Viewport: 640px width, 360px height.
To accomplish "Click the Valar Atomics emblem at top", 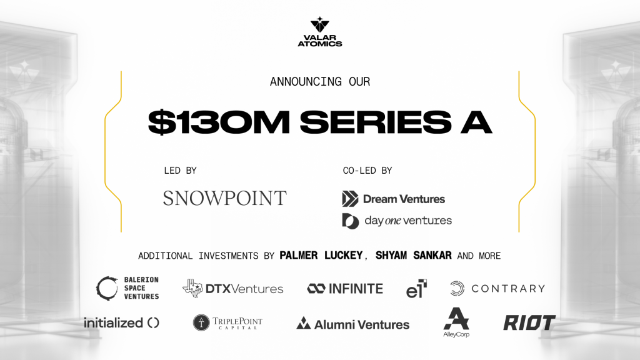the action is click(319, 24).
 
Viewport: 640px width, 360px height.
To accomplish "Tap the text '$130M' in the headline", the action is click(219, 122).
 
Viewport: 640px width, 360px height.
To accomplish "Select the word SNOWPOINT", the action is click(225, 198).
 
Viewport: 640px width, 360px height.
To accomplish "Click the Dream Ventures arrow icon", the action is click(350, 199).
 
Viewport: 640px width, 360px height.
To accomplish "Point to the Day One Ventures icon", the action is click(350, 221).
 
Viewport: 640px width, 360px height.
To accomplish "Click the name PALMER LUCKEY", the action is click(321, 256).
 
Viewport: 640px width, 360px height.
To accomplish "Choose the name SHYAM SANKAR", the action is click(414, 256).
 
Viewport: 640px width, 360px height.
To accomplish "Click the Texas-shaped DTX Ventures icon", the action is click(192, 288).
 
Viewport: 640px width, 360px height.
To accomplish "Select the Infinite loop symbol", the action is click(316, 289).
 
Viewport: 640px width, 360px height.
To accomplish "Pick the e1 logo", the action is click(416, 289).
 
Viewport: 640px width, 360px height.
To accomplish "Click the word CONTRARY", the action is click(509, 289).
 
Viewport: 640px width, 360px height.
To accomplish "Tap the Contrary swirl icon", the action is click(457, 289).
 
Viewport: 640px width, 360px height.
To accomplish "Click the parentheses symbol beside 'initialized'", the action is click(154, 323).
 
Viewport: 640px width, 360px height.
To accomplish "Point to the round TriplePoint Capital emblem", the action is click(201, 322).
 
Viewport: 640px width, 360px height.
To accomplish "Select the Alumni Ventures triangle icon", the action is click(303, 323).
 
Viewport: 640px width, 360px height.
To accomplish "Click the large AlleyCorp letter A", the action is click(456, 318).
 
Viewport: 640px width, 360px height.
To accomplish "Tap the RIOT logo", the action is click(529, 322).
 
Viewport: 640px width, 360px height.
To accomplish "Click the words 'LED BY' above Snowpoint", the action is click(181, 171).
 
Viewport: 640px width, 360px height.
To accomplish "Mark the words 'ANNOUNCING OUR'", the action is click(320, 82).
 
